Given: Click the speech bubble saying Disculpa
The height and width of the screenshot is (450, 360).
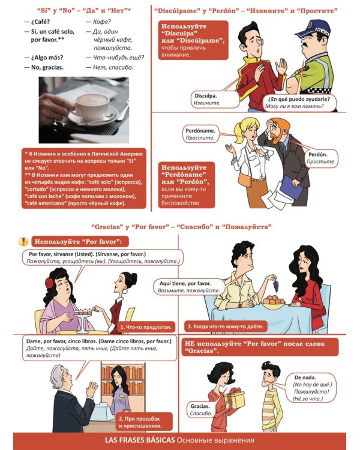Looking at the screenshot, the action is click(x=215, y=99).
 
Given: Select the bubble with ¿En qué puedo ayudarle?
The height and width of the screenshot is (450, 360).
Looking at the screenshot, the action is click(x=300, y=103).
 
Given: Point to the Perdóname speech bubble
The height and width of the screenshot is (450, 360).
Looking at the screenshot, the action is click(x=200, y=134).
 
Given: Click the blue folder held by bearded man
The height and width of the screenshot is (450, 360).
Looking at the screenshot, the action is click(x=292, y=187).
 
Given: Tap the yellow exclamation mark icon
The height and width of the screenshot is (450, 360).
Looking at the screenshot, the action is click(x=23, y=242).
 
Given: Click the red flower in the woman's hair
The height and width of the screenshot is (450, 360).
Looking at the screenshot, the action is click(x=49, y=283).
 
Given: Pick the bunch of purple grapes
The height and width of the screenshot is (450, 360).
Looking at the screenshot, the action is click(x=275, y=286).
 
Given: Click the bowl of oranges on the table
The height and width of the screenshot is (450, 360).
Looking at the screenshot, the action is click(x=274, y=303).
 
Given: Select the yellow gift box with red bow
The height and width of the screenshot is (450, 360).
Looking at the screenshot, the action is click(x=234, y=398).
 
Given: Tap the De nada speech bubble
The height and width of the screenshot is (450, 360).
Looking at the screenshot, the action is click(x=311, y=388).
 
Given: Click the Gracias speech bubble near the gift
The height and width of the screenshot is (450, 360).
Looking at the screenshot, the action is click(x=201, y=410).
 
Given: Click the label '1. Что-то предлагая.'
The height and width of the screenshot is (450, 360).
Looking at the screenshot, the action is click(x=146, y=327).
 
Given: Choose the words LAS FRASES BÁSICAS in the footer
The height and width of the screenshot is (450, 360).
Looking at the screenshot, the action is click(x=140, y=440).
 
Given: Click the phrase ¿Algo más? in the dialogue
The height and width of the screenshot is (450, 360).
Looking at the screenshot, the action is click(x=47, y=58).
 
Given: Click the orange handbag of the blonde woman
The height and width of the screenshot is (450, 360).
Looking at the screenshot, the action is click(x=245, y=179).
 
